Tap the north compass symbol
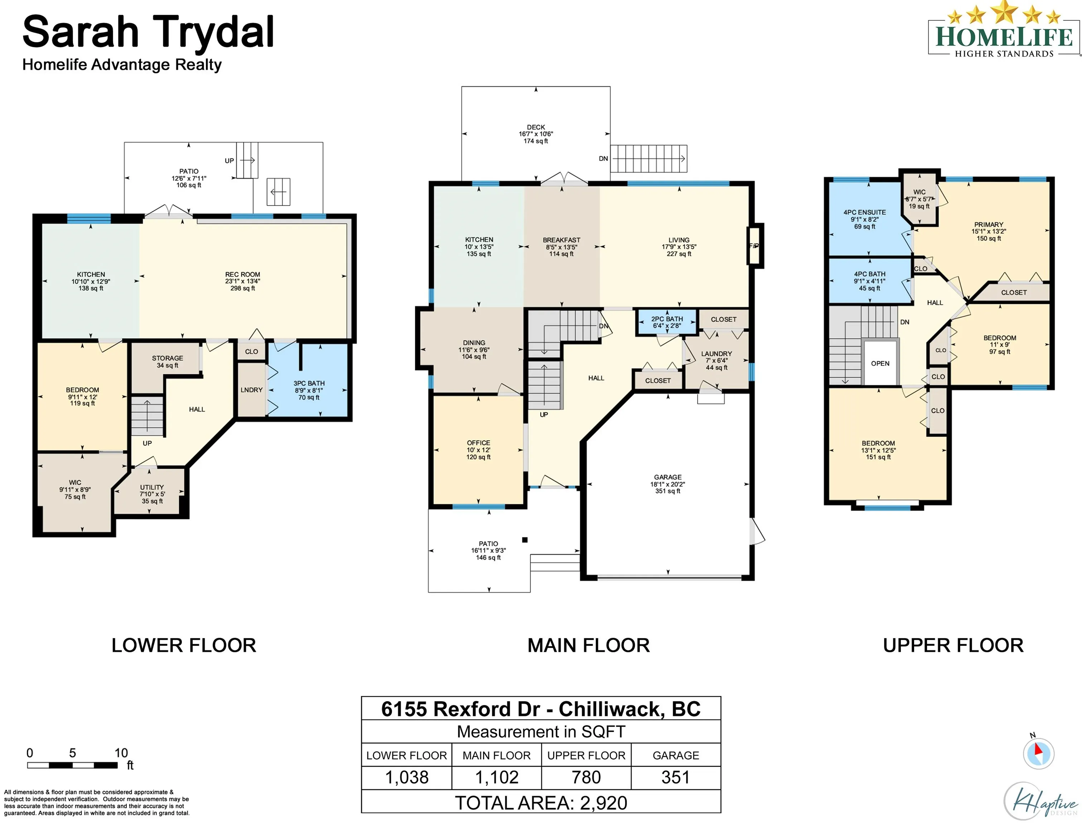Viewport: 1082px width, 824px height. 1038,753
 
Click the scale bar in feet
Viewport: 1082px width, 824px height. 72,765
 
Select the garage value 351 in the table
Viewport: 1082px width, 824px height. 676,778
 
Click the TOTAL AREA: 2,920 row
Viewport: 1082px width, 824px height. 541,803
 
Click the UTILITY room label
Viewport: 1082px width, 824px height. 152,487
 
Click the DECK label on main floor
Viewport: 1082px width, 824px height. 536,127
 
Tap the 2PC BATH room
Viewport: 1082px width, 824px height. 667,322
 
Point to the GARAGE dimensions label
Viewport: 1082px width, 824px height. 668,484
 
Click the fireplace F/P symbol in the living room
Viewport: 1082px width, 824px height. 754,246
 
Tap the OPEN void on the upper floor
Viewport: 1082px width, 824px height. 880,363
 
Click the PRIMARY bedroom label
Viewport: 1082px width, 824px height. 989,225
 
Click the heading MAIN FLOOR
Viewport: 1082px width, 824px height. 589,646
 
